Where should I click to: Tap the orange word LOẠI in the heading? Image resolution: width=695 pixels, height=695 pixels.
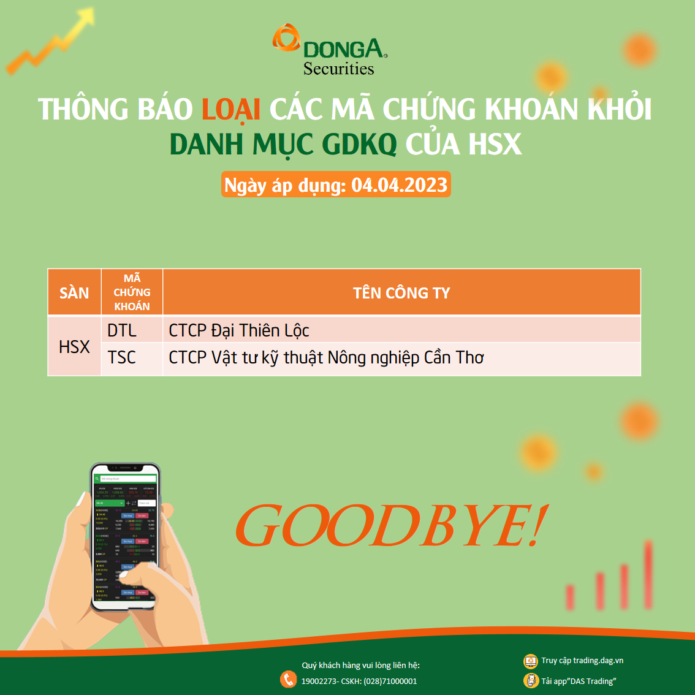(231, 110)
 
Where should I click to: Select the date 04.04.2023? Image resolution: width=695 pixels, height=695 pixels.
(400, 185)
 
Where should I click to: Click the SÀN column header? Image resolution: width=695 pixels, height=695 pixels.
(74, 293)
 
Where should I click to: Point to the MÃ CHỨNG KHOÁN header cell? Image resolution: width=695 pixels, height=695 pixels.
(132, 292)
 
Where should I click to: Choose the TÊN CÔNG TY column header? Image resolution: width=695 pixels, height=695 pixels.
(401, 293)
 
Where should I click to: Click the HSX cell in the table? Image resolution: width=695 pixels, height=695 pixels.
(74, 347)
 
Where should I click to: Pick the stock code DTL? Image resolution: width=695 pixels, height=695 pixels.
(122, 331)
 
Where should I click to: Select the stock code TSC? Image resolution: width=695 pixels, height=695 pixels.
(122, 358)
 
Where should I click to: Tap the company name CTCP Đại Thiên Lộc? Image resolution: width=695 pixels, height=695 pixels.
(239, 331)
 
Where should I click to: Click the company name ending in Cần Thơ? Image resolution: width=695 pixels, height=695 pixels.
(326, 358)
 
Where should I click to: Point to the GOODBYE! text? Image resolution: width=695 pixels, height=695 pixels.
(390, 526)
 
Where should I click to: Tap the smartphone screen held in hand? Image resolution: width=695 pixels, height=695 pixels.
(125, 536)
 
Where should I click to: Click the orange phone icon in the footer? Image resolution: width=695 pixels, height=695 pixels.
(288, 679)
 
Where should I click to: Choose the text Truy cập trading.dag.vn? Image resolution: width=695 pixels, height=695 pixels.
(582, 661)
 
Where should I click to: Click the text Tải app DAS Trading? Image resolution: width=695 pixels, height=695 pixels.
(578, 681)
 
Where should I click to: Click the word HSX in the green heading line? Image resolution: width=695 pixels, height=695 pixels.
(495, 145)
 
